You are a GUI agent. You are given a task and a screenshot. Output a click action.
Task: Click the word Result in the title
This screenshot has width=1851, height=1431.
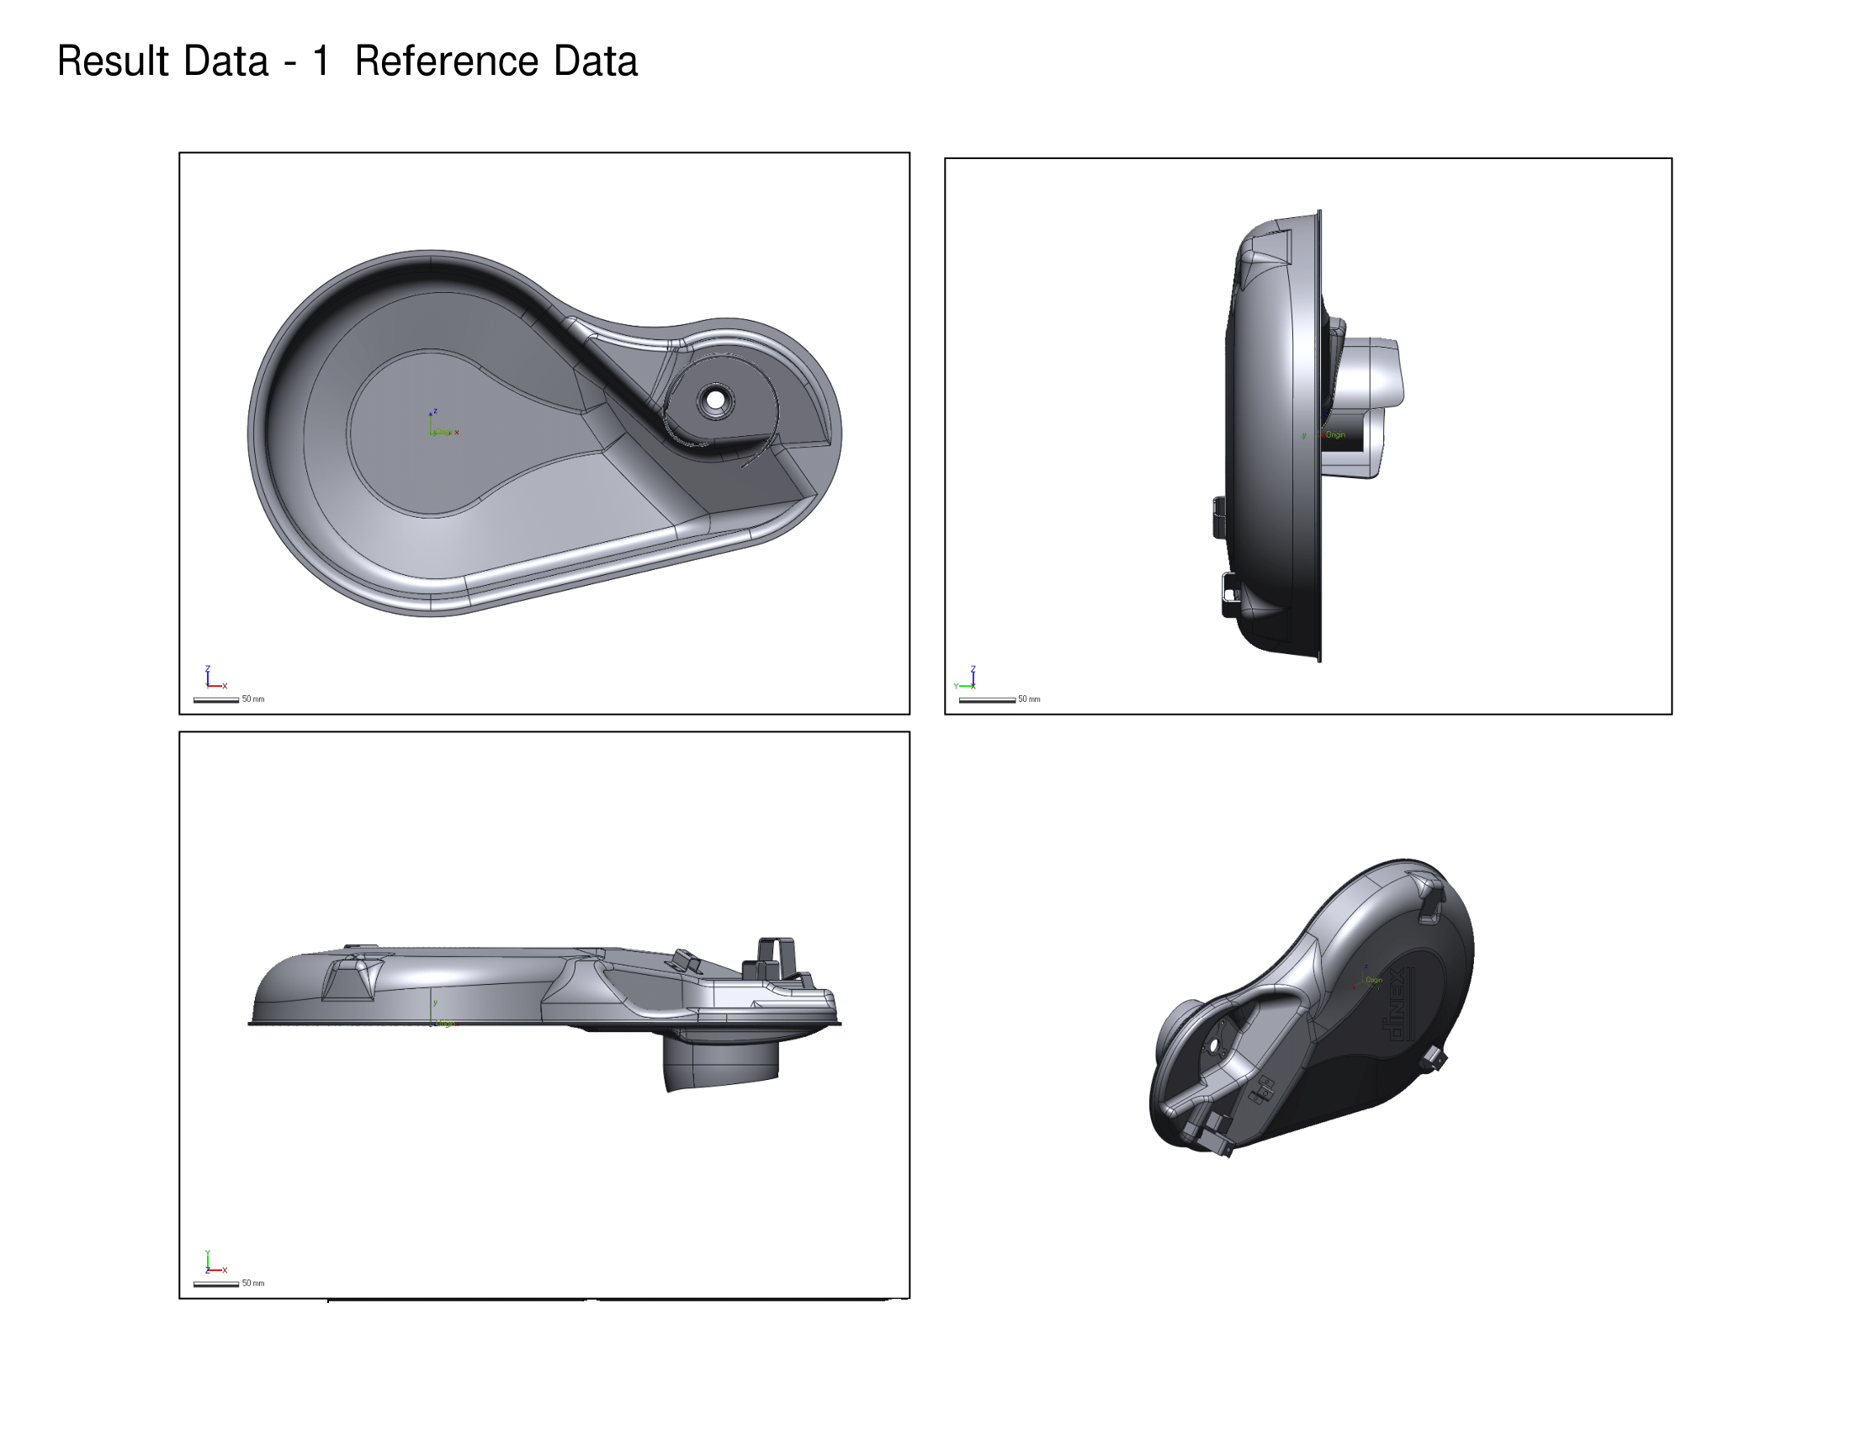click(114, 61)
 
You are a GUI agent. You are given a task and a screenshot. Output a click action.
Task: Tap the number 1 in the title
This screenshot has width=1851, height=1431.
click(321, 61)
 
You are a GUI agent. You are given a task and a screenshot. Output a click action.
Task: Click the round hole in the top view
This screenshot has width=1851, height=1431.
click(715, 398)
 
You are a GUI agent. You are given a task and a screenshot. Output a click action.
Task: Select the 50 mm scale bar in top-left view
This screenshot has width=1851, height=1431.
click(216, 700)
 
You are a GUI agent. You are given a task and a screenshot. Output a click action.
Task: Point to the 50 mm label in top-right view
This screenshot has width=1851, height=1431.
click(1029, 700)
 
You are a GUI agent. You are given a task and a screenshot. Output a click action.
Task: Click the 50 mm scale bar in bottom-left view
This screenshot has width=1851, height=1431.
click(216, 1285)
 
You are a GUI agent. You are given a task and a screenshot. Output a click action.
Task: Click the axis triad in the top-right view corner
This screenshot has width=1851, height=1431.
click(967, 678)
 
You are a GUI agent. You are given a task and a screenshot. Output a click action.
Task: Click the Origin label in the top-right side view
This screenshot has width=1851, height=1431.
click(1336, 435)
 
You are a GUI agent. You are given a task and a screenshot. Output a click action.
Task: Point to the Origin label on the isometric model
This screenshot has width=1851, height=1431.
click(1374, 980)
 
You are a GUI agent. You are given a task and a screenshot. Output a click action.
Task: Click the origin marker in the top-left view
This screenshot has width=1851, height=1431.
click(434, 430)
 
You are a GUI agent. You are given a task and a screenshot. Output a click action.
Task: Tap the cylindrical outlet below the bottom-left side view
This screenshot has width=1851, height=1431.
click(720, 1064)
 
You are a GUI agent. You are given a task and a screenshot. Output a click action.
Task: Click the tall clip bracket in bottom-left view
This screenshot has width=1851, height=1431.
click(777, 958)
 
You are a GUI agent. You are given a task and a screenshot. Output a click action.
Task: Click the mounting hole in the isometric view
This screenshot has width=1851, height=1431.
click(1212, 1048)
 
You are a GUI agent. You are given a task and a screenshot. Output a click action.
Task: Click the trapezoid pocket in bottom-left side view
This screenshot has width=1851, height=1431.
click(351, 978)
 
